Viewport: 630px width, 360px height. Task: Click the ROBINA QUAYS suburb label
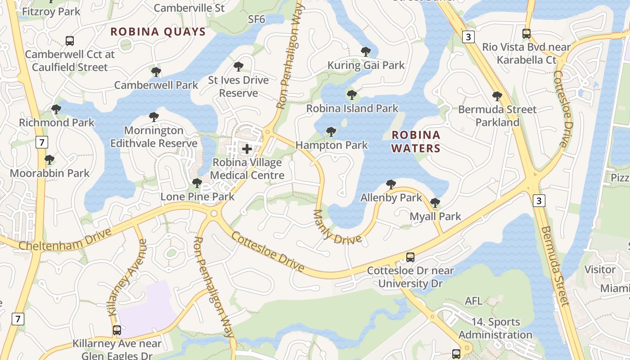pos(158,31)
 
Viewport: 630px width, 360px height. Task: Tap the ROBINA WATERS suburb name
pos(416,141)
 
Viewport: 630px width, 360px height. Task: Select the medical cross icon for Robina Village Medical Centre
pos(247,148)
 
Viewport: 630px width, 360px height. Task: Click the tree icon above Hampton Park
pos(331,132)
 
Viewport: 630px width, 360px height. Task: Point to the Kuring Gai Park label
pos(366,65)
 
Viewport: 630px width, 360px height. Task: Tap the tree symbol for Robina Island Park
pos(352,95)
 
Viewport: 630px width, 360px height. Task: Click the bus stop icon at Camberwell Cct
pos(70,41)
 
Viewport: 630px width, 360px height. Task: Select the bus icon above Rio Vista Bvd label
pos(526,34)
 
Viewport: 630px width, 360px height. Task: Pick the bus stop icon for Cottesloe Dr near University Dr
pos(410,257)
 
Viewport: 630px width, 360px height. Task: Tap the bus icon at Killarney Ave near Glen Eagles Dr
pos(117,330)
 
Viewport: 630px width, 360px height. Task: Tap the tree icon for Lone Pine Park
pos(197,183)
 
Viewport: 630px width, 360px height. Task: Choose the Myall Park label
pos(435,216)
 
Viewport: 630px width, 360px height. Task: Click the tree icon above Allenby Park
pos(391,184)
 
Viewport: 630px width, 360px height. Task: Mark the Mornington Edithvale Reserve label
pos(154,137)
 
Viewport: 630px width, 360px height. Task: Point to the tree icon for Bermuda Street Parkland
pos(497,96)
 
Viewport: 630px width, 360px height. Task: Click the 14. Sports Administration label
pos(495,328)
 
